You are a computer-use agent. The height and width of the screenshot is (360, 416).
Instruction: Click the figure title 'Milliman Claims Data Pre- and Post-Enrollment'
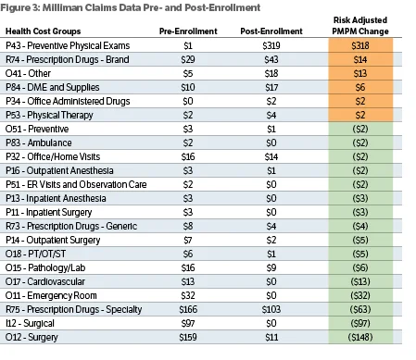[151, 7]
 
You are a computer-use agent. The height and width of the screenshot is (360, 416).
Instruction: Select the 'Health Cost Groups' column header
[43, 31]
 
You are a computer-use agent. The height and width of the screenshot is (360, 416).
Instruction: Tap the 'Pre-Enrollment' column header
[188, 31]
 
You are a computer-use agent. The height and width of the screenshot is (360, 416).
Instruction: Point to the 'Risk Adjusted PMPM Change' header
[360, 26]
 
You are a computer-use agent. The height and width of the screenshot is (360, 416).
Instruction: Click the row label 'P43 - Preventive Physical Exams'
[68, 45]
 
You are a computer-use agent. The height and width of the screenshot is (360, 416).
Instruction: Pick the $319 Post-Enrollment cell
[271, 45]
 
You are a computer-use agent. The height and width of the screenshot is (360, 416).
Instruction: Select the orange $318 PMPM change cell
[360, 45]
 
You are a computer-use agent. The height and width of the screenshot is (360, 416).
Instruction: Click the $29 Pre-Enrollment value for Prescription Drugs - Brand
[188, 59]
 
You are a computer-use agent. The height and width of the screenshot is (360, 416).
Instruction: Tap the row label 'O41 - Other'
[28, 73]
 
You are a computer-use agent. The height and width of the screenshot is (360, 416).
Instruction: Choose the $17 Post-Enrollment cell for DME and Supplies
[271, 87]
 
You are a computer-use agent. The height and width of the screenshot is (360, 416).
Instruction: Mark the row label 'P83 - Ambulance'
[39, 143]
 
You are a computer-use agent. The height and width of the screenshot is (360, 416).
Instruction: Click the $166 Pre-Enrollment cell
[188, 309]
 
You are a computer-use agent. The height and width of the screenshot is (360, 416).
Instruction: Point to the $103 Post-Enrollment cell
[271, 309]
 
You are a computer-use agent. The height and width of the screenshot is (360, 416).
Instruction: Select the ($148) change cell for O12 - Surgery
[360, 337]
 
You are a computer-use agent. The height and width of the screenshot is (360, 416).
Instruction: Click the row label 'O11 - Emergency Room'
[51, 295]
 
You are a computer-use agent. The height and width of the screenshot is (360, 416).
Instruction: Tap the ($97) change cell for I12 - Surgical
[360, 323]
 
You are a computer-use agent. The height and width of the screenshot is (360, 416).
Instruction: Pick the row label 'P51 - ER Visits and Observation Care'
[76, 184]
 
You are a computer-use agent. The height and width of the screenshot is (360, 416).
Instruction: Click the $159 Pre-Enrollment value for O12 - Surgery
[188, 337]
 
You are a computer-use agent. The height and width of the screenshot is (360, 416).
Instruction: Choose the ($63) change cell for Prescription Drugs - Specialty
[360, 309]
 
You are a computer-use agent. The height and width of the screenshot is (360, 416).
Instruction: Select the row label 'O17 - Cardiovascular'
[45, 281]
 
